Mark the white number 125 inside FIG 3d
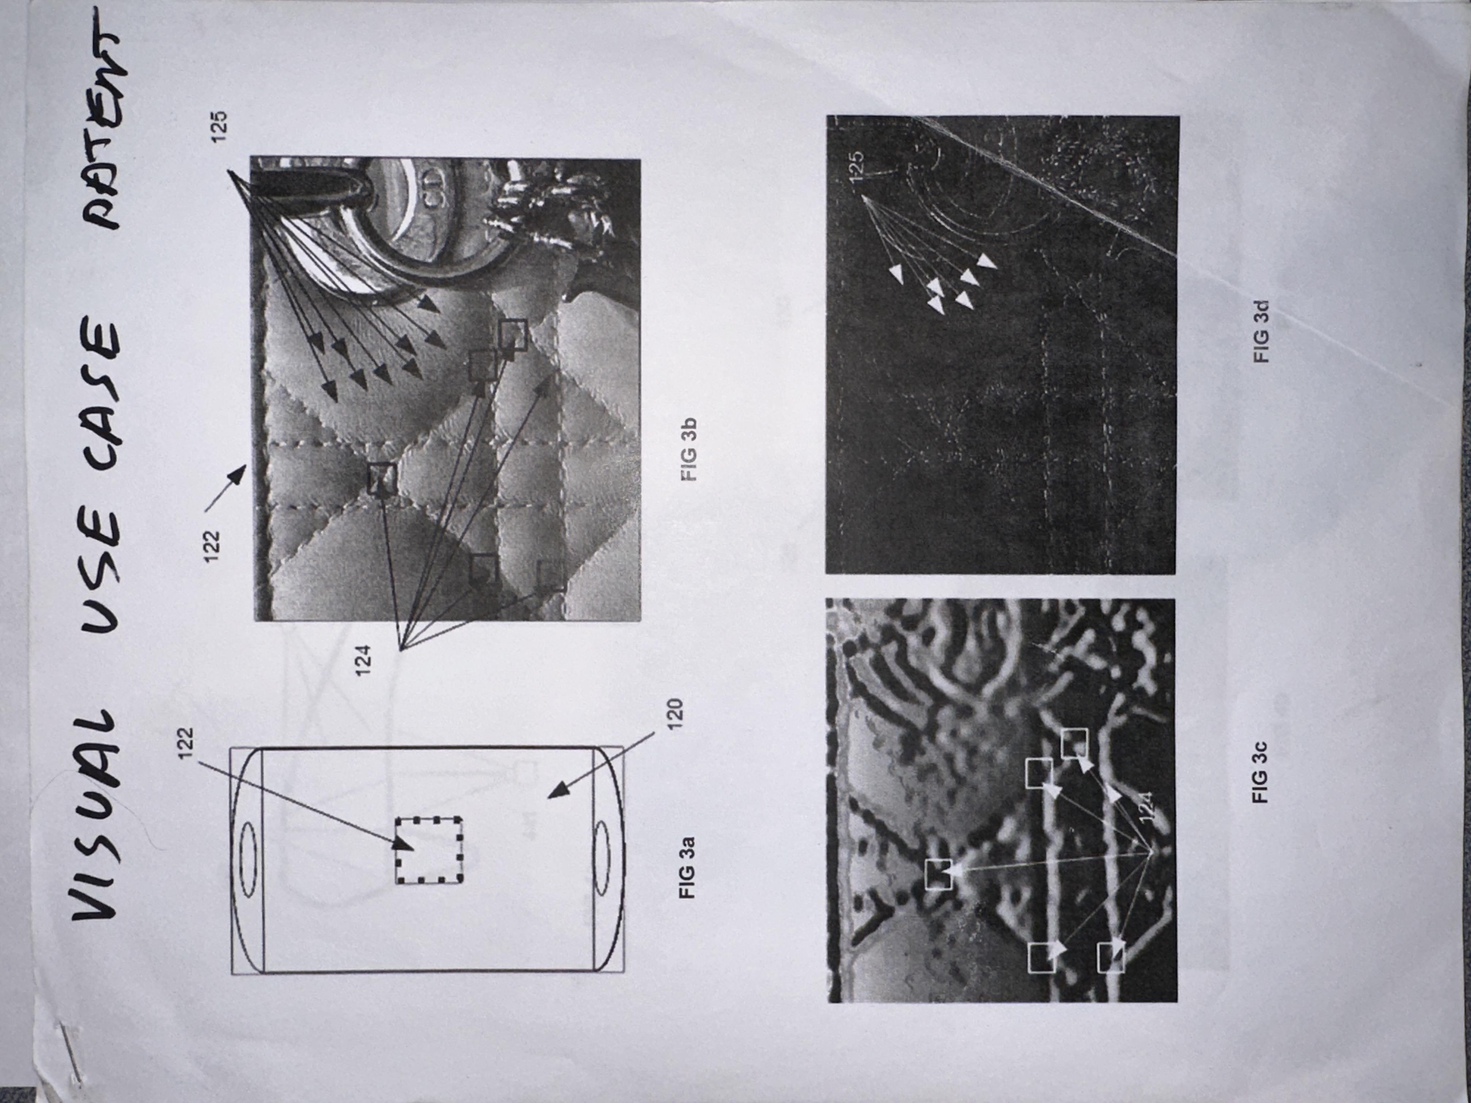click(857, 166)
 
